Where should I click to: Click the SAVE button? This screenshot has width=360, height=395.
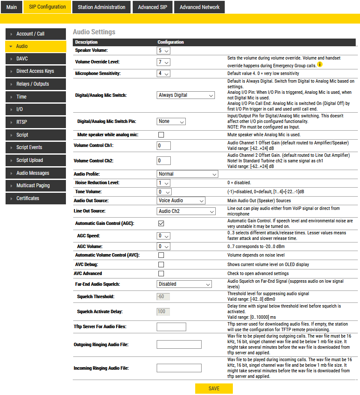(214, 389)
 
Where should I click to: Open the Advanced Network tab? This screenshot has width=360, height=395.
(199, 7)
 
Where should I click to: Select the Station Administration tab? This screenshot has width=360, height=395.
(101, 7)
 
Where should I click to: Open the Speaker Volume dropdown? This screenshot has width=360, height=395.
(164, 51)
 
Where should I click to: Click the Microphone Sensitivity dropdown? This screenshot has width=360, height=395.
(164, 74)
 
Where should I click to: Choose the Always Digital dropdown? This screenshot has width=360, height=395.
(185, 96)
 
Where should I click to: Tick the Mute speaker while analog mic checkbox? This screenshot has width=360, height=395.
(161, 135)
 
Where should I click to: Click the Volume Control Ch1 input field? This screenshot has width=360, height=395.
(164, 146)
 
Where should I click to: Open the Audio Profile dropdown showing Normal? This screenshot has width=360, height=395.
(187, 174)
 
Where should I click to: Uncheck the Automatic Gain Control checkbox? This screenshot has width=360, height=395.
(161, 223)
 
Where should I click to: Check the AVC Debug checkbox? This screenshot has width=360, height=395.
(161, 265)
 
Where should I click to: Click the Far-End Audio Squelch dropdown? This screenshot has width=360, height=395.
(184, 284)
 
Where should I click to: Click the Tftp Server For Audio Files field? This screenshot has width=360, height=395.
(171, 327)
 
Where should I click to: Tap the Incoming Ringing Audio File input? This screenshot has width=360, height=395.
(179, 368)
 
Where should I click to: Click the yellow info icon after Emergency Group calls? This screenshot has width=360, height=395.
(319, 65)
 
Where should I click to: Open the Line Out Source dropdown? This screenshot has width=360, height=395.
(186, 211)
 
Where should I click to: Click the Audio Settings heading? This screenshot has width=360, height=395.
(94, 32)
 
